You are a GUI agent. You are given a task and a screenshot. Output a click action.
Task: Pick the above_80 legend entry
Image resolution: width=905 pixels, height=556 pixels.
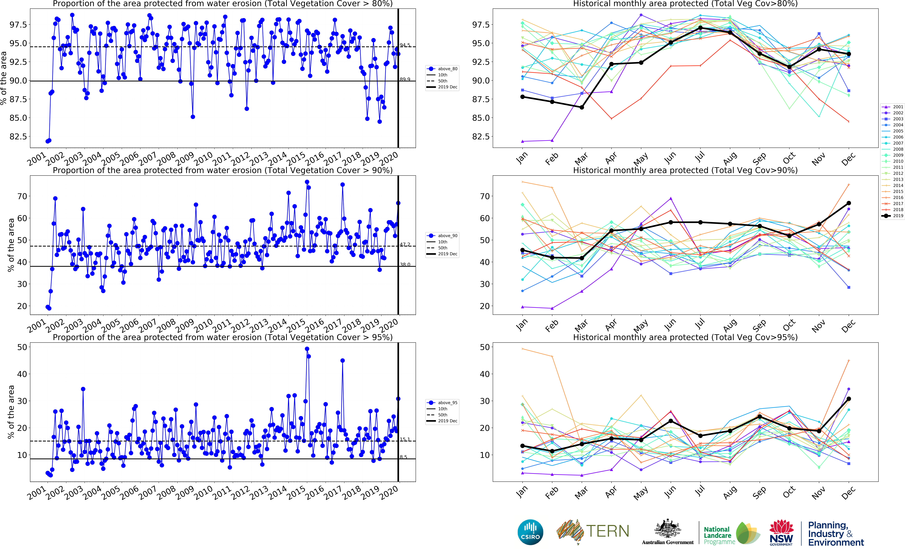click(442, 69)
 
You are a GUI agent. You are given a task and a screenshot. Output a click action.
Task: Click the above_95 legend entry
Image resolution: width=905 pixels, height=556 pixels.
click(442, 403)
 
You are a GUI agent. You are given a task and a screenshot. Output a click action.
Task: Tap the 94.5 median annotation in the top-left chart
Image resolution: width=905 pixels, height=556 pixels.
click(405, 45)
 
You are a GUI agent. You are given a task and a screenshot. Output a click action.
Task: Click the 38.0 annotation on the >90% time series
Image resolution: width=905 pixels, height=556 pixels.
click(405, 264)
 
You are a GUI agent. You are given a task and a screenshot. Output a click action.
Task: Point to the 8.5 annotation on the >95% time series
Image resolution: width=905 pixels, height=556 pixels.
click(403, 457)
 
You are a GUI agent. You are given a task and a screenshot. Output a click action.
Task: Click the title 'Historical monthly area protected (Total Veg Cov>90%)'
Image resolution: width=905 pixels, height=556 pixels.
click(685, 170)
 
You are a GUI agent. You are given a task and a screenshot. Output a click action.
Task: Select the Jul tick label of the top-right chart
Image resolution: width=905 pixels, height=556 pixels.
click(700, 157)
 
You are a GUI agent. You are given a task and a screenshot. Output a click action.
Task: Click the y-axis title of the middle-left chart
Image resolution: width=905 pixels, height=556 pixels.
click(11, 245)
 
